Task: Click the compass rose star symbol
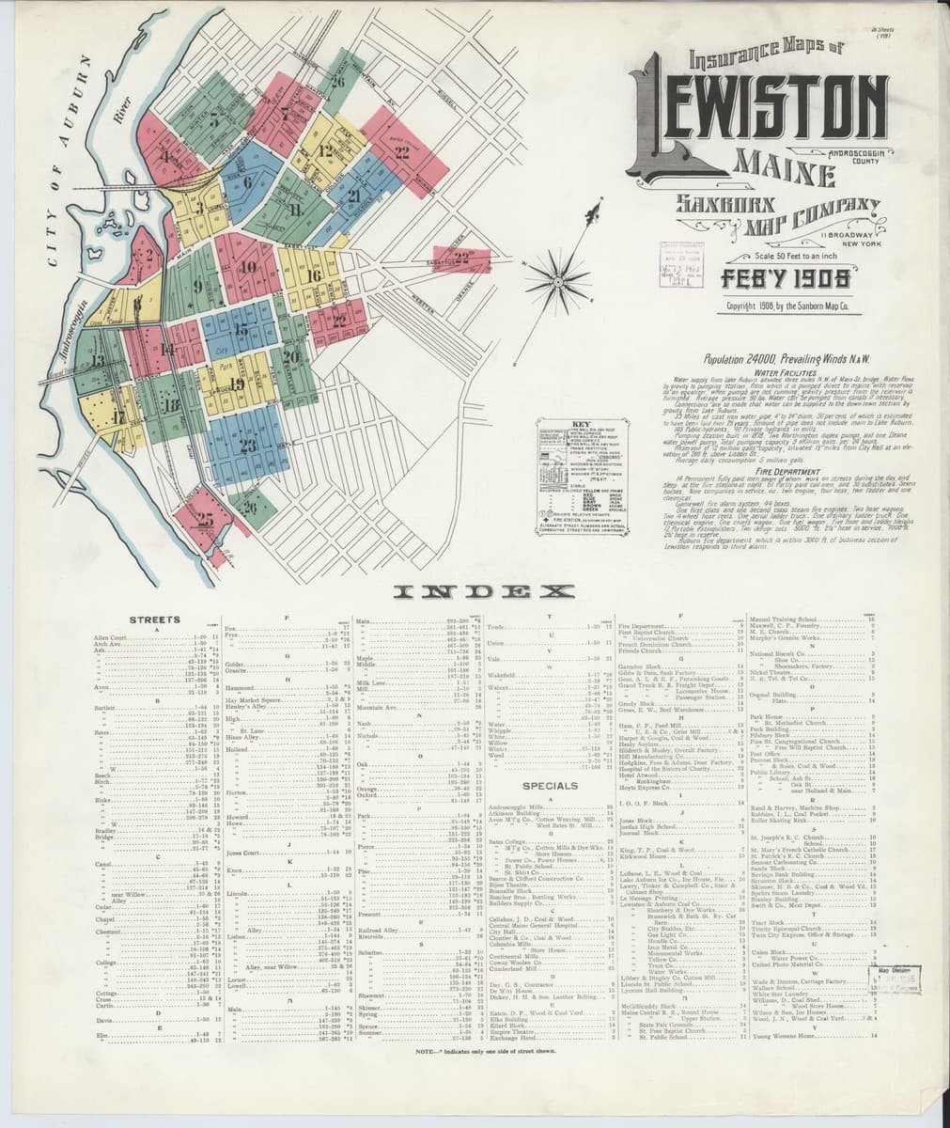(555, 278)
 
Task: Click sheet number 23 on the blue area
(247, 446)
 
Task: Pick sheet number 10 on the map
(247, 268)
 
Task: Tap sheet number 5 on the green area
(216, 119)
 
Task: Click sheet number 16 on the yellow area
(314, 274)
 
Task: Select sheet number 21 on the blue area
(354, 196)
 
